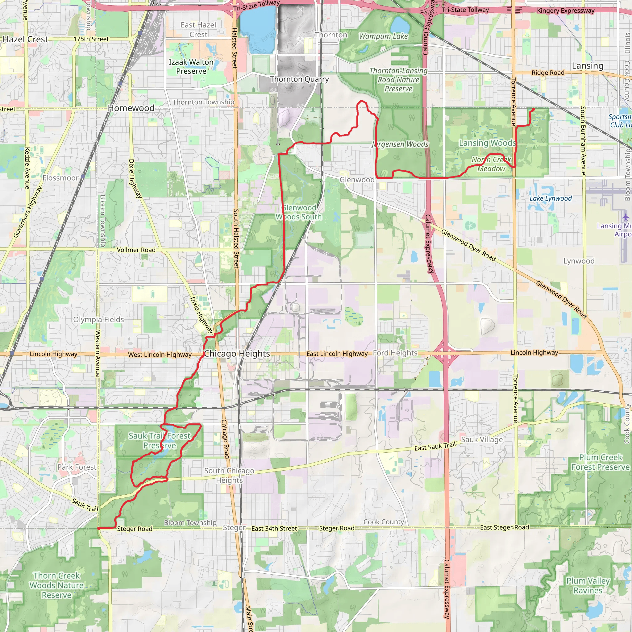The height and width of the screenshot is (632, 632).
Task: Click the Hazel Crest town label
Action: [x=26, y=39]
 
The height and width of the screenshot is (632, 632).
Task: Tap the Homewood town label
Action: [x=131, y=108]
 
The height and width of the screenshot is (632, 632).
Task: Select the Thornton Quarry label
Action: [x=299, y=79]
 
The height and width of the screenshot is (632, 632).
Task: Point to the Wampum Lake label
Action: [x=383, y=36]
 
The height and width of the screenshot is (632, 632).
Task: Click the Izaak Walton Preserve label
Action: [x=191, y=67]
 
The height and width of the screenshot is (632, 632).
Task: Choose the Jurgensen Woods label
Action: [x=400, y=144]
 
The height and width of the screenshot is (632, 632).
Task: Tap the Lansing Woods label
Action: [x=487, y=143]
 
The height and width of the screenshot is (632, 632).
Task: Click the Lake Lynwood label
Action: [x=551, y=198]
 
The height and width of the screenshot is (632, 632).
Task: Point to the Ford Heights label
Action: [x=395, y=353]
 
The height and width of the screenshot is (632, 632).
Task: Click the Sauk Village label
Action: [x=482, y=440]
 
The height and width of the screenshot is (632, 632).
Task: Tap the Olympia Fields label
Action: [x=98, y=320]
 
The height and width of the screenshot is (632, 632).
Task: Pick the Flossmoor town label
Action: [x=60, y=178]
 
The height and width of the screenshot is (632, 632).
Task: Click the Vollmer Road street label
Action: [x=136, y=250]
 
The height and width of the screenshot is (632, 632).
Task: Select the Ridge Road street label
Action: [x=548, y=73]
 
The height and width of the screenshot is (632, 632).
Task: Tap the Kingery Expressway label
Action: [x=566, y=11]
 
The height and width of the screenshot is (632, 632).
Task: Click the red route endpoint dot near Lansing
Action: [x=534, y=109]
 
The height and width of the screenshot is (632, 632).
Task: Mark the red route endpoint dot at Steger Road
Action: [x=99, y=528]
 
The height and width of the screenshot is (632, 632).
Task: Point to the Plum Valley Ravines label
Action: [x=588, y=585]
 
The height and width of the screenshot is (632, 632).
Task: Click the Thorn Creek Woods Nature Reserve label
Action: [x=56, y=585]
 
